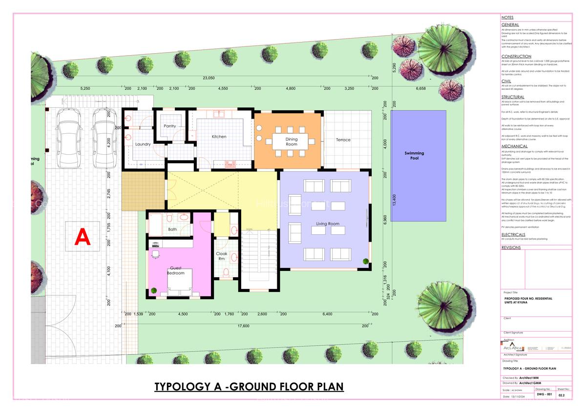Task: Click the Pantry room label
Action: click(170, 126)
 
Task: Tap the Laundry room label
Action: click(143, 144)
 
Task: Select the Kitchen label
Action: click(219, 137)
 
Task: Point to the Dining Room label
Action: click(292, 142)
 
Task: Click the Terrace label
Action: click(343, 140)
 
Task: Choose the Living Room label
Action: click(327, 224)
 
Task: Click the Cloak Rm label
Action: click(222, 256)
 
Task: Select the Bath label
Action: click(172, 229)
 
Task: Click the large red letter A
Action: click(83, 238)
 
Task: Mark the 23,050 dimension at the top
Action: click(209, 78)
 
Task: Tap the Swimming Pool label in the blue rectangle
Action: click(414, 156)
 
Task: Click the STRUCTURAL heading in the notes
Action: click(512, 97)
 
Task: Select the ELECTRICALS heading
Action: click(513, 234)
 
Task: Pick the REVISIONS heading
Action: click(511, 248)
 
